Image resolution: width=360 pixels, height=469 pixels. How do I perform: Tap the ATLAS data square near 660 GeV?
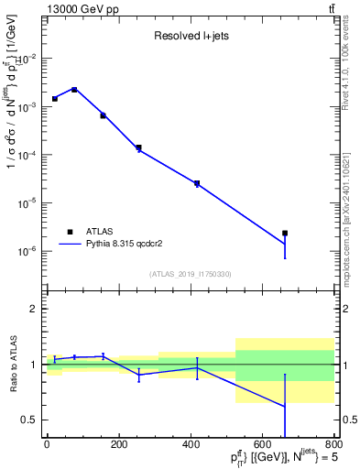285,234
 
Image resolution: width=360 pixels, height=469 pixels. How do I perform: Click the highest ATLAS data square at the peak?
74,90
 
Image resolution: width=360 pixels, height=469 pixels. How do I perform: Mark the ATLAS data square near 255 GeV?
138,147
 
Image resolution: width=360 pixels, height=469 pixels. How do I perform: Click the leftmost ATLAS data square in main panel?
55,98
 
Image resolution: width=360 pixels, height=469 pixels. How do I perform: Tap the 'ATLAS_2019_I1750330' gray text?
190,274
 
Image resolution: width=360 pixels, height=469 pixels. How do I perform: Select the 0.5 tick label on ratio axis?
30,420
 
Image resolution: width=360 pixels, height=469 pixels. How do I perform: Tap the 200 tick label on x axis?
118,444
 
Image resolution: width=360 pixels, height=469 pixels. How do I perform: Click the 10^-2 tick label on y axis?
28,59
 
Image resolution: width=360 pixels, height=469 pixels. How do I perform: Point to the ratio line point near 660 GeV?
285,406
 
